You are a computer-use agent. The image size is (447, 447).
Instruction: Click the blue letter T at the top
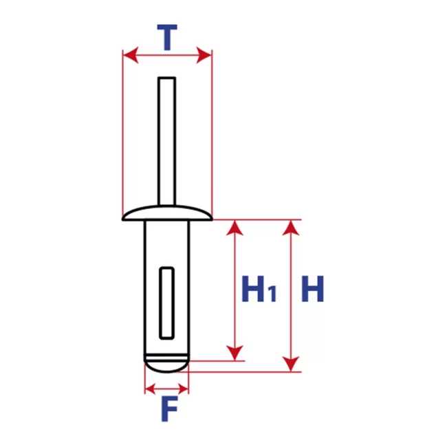pos(167,37)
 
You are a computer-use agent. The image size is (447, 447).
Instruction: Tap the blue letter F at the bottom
pos(169,408)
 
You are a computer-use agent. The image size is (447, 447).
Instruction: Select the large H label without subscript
pos(313,289)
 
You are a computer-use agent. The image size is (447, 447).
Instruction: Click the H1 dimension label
pos(259,289)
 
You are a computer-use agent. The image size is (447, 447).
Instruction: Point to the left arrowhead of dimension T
pos(131,55)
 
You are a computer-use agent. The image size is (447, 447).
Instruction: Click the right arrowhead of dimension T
pos(204,55)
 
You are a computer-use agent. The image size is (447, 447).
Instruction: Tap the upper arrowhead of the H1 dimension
pos(235,228)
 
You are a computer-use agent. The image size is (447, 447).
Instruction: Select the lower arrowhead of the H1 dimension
pos(235,353)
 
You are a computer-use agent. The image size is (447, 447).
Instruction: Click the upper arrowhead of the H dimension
pos(291,228)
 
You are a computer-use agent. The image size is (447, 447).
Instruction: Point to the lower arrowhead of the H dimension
pos(291,364)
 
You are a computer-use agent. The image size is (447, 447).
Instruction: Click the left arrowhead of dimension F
pos(150,389)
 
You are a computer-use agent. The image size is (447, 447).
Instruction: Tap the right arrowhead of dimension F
pos(184,389)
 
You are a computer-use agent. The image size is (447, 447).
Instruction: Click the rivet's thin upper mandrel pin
pos(167,141)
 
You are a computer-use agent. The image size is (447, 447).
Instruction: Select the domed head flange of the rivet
pos(167,213)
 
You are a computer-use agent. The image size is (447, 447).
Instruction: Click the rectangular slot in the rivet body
pos(167,303)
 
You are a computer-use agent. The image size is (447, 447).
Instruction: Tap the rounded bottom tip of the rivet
pos(166,365)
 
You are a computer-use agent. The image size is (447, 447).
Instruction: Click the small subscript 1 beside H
pos(272,294)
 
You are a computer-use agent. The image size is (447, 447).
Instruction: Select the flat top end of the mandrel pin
pos(167,78)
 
